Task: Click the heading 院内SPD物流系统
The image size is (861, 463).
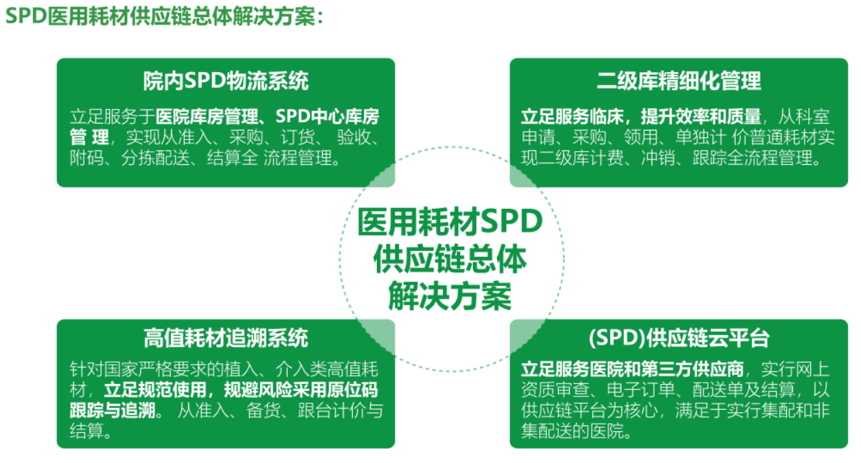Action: point(226,81)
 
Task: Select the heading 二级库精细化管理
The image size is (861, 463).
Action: point(679,81)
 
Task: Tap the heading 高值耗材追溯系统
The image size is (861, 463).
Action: point(226,338)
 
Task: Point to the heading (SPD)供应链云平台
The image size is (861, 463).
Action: point(679,338)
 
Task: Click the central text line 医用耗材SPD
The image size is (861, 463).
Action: point(450,222)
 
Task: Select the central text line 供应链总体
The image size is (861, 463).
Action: point(450,259)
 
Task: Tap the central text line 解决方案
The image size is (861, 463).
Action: point(450,296)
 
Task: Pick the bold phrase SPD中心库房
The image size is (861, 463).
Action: point(327,117)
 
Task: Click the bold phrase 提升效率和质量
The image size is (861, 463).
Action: point(701,117)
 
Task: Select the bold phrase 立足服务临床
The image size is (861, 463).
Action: point(572,117)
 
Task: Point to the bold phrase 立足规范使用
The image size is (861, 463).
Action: point(155,390)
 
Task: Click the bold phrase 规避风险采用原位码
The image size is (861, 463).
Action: point(301,390)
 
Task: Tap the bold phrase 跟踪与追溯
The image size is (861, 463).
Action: point(112,410)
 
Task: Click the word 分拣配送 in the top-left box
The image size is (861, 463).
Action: point(156,158)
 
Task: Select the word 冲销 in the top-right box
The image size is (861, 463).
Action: point(658,158)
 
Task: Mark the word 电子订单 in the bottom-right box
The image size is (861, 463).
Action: point(641,390)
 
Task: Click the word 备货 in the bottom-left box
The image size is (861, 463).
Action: point(263,410)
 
